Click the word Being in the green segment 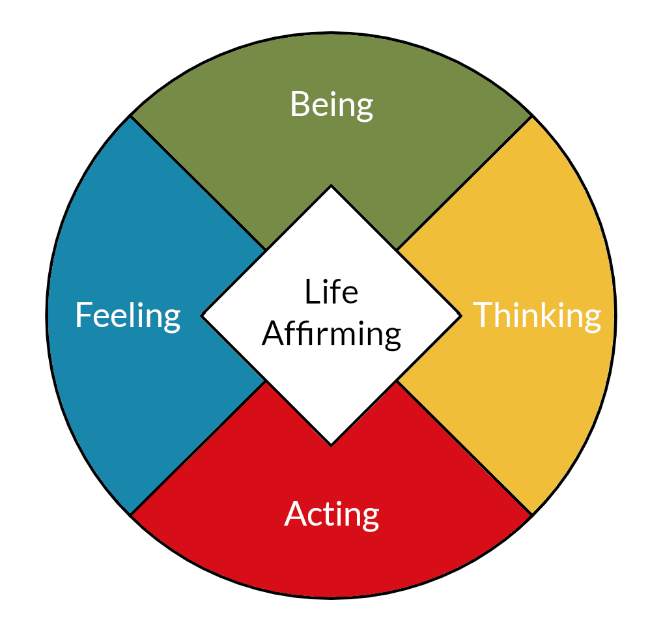tap(331, 105)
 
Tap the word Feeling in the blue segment tap(128, 315)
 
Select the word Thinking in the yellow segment tap(537, 315)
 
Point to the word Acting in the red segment tap(331, 515)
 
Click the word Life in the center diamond tap(331, 292)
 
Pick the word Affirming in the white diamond tap(331, 333)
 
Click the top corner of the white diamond tap(331, 187)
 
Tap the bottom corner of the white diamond tap(331, 445)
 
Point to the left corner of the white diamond tap(203, 316)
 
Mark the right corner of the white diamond tap(460, 316)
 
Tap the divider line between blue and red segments tap(199, 447)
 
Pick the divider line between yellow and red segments tap(464, 447)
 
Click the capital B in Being tap(298, 104)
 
